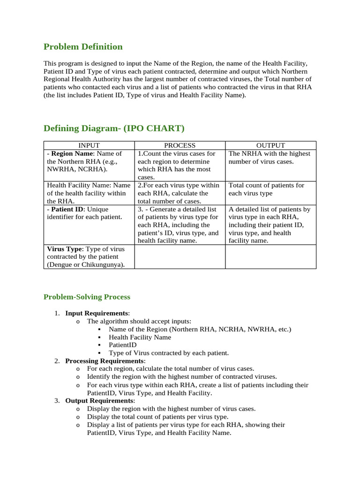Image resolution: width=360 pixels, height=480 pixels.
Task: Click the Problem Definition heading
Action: [83, 47]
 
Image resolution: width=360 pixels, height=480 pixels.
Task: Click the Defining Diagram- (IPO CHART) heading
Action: [114, 128]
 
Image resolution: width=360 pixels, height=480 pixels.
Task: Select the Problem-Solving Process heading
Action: [87, 297]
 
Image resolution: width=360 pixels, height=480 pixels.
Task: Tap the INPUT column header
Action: [89, 146]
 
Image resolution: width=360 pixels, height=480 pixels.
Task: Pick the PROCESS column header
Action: [180, 146]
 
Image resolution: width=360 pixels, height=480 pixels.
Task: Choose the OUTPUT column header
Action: [270, 146]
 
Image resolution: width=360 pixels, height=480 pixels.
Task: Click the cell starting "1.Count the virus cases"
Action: [180, 165]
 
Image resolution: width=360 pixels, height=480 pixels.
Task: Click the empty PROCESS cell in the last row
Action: [180, 257]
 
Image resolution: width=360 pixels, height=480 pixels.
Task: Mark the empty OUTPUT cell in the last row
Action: [270, 257]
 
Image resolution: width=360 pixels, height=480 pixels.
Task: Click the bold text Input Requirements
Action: [96, 313]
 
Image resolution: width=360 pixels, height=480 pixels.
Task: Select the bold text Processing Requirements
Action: [104, 361]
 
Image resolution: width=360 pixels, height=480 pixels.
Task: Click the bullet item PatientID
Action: [123, 345]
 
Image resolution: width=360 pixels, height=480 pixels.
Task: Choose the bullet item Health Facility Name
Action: [140, 337]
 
